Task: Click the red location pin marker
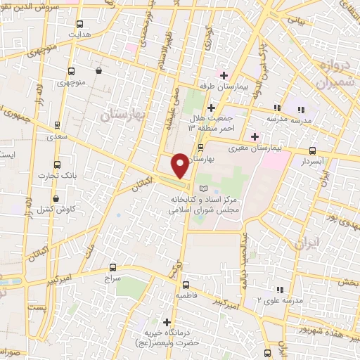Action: [180, 166]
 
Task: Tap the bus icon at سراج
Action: [113, 268]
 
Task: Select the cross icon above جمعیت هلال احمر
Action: [212, 106]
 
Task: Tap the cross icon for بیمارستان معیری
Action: [255, 136]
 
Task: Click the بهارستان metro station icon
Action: [201, 148]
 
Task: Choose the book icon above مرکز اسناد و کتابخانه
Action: [204, 188]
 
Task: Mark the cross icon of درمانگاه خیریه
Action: [166, 321]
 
